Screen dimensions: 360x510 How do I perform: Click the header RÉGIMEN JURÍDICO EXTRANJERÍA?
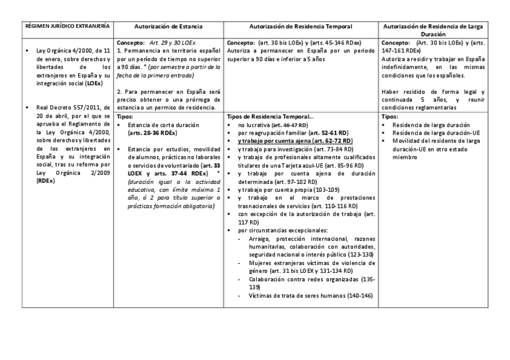pos(67,26)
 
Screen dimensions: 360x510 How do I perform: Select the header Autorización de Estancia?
pos(168,26)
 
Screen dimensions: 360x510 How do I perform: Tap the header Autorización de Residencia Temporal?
pos(301,26)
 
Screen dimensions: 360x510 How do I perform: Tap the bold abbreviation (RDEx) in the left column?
pos(45,180)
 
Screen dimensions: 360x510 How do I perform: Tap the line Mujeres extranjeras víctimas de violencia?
pos(313,263)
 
